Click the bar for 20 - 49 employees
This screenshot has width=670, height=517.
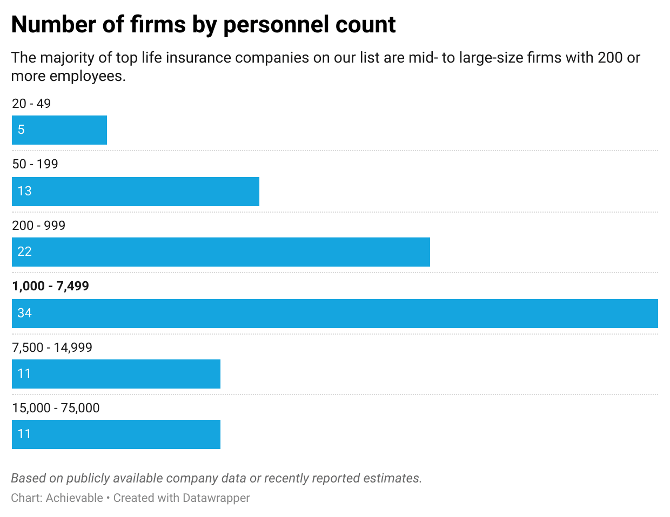[x=59, y=130]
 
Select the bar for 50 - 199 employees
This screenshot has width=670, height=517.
[x=136, y=192]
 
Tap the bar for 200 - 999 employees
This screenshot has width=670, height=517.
[x=221, y=252]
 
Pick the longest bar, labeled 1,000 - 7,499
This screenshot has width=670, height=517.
[x=335, y=314]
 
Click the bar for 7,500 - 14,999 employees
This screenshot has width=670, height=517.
[x=116, y=374]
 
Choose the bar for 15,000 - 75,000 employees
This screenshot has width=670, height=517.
[x=116, y=434]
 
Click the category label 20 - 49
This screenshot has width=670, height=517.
[x=31, y=104]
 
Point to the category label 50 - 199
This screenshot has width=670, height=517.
[x=35, y=164]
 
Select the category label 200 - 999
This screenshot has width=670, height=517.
[x=38, y=226]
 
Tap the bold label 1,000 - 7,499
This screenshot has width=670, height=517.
[x=50, y=286]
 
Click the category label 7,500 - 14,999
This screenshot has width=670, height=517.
[x=52, y=348]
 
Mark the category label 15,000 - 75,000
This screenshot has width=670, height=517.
[x=56, y=408]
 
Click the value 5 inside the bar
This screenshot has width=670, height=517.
[x=21, y=130]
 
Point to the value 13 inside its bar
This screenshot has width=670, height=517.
[x=24, y=192]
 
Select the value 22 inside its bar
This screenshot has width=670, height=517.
[x=24, y=252]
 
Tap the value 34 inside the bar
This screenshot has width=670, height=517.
[x=24, y=314]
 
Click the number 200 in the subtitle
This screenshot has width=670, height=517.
[x=610, y=58]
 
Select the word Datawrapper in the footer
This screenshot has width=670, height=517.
[x=216, y=498]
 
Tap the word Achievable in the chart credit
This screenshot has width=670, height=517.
[x=74, y=498]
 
